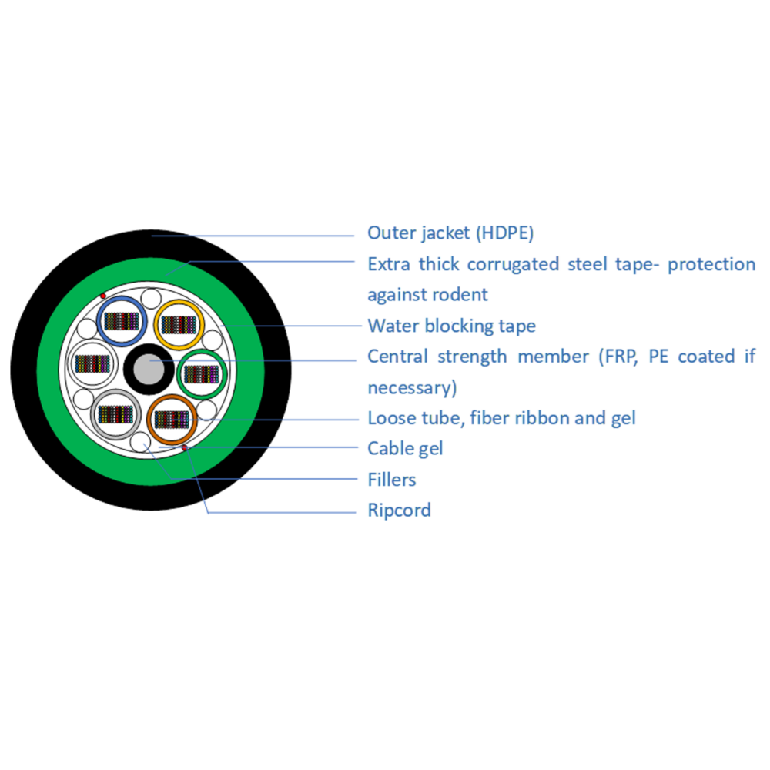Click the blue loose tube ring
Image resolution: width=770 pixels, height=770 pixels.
99,322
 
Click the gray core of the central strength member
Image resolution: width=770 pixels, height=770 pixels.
149,370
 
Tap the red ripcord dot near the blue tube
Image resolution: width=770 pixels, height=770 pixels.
103,296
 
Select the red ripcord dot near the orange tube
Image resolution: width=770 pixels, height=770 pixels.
185,447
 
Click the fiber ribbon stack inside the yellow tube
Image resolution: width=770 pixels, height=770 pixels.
179,325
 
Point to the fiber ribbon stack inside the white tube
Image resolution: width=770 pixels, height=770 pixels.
92,364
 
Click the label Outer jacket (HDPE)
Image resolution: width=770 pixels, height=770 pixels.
450,233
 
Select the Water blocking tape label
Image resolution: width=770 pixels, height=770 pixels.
452,326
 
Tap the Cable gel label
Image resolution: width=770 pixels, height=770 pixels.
405,448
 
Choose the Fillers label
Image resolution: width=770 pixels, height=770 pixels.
392,479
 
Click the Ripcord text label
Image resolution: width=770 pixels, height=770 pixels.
399,511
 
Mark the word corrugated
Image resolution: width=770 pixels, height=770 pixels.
513,265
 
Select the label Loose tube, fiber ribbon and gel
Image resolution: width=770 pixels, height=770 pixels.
501,418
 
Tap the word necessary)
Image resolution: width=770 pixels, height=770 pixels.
413,388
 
